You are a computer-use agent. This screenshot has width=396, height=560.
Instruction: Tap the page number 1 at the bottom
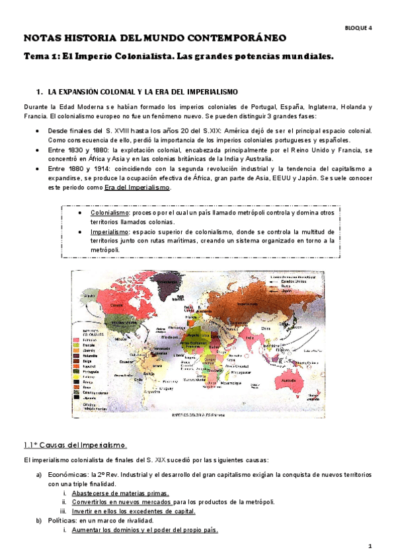[371, 546]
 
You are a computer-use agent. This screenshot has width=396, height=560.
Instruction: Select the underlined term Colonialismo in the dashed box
[110, 213]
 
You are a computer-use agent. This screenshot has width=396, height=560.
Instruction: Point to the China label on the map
[267, 326]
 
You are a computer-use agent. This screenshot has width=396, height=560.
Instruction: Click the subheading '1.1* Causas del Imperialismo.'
[75, 445]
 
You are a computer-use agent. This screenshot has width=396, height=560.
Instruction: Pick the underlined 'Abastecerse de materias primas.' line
[120, 493]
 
